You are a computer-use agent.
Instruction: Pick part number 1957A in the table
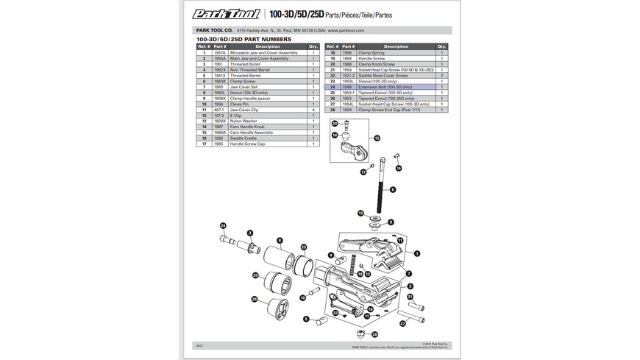click(x=219, y=53)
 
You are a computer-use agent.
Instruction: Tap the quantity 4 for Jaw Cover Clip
click(x=313, y=109)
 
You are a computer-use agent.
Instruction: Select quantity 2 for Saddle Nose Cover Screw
click(x=441, y=76)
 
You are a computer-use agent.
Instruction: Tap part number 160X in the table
click(x=349, y=109)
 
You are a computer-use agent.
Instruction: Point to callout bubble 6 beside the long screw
click(x=392, y=189)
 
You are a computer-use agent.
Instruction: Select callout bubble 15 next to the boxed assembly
click(x=377, y=138)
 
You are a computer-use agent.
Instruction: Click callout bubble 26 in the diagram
click(x=255, y=299)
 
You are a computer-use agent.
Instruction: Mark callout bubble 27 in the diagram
click(x=402, y=322)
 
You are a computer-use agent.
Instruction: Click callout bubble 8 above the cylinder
click(x=280, y=241)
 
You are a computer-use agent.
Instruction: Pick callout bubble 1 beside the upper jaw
click(x=417, y=253)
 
